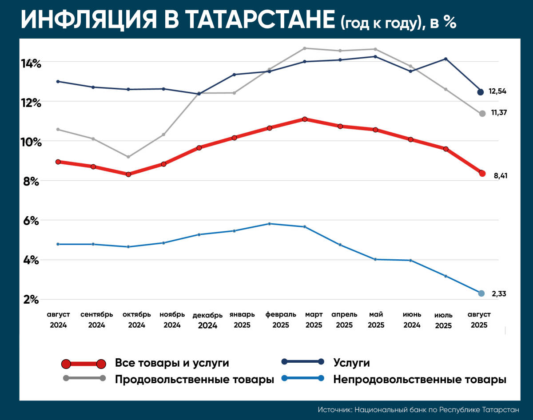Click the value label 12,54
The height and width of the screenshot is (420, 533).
pyautogui.click(x=497, y=91)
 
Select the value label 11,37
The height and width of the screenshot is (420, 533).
pyautogui.click(x=499, y=113)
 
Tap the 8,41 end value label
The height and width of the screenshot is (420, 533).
pyautogui.click(x=500, y=176)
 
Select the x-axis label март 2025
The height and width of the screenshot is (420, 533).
pyautogui.click(x=314, y=320)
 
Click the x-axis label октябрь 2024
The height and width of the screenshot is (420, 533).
pyautogui.click(x=137, y=320)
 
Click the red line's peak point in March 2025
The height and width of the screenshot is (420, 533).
pyautogui.click(x=305, y=119)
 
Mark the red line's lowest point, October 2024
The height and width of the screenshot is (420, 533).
pyautogui.click(x=128, y=174)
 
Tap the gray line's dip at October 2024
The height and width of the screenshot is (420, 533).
pyautogui.click(x=128, y=157)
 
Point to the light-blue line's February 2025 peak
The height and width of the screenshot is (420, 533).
pyautogui.click(x=270, y=223)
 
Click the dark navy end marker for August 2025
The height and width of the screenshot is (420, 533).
pyautogui.click(x=480, y=92)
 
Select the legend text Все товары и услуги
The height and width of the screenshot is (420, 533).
pyautogui.click(x=172, y=363)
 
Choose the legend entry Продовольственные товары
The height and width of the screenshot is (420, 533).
pyautogui.click(x=194, y=380)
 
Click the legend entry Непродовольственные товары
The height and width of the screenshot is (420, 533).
pyautogui.click(x=420, y=380)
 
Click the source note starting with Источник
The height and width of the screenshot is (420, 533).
pyautogui.click(x=418, y=409)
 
